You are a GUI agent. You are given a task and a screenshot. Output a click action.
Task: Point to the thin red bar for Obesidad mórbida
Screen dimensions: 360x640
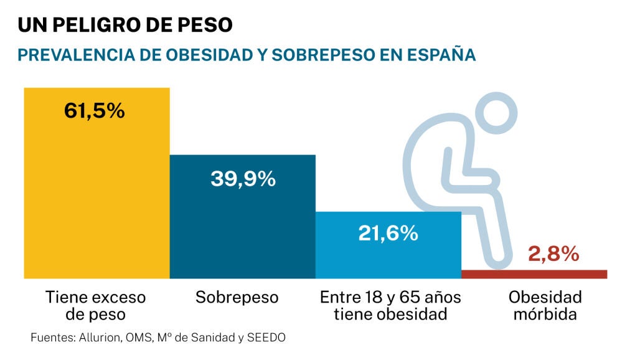coord(534,274)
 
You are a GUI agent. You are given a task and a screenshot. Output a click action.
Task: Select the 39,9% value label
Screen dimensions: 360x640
coord(242,179)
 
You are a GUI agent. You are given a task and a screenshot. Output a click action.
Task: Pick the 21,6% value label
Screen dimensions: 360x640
coord(388,234)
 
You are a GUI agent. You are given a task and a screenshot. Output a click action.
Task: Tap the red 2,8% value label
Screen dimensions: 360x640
coord(553,254)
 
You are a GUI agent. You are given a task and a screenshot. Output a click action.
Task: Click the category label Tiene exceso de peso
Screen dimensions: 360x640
coord(95,305)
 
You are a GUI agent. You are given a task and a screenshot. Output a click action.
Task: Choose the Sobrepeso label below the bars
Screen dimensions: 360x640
coord(237,297)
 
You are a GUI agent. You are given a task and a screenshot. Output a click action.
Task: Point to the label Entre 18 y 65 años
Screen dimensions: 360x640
coord(390,297)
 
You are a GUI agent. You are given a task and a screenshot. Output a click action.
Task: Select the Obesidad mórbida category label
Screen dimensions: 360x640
coord(545,305)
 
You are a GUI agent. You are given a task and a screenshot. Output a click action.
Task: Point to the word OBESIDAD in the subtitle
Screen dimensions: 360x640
coord(205,55)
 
